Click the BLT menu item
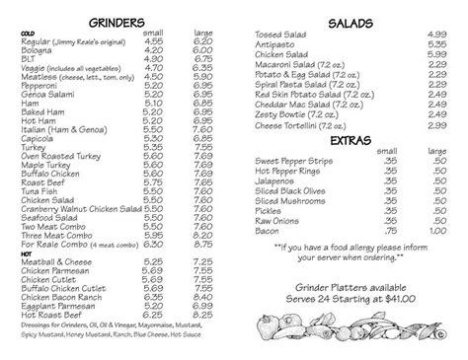35,58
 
